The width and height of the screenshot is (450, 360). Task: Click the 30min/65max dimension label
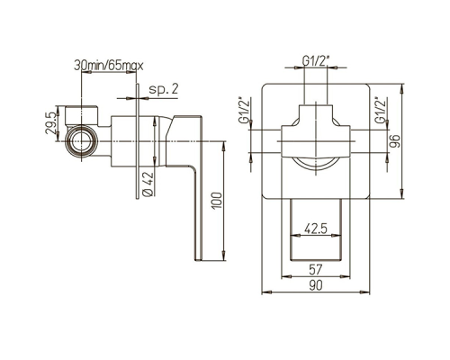(109, 65)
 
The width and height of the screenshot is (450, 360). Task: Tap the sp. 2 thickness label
(164, 89)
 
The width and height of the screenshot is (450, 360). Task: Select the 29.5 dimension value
(50, 123)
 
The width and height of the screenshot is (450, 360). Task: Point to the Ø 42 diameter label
(148, 184)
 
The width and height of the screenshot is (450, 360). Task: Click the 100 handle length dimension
(217, 201)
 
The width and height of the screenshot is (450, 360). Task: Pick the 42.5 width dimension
(315, 229)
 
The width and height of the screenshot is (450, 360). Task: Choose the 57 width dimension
(315, 269)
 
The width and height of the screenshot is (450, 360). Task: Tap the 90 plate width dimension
(315, 285)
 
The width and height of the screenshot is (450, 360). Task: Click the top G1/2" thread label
(316, 61)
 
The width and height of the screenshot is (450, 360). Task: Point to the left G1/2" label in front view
(244, 110)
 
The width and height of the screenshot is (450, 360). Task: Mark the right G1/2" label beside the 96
(380, 110)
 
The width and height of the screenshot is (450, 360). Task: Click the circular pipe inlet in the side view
(81, 141)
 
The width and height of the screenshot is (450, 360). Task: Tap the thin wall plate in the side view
(138, 141)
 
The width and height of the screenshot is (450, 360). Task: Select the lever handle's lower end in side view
(199, 257)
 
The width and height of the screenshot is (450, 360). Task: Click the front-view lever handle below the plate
(316, 229)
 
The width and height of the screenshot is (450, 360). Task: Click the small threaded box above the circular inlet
(81, 115)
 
